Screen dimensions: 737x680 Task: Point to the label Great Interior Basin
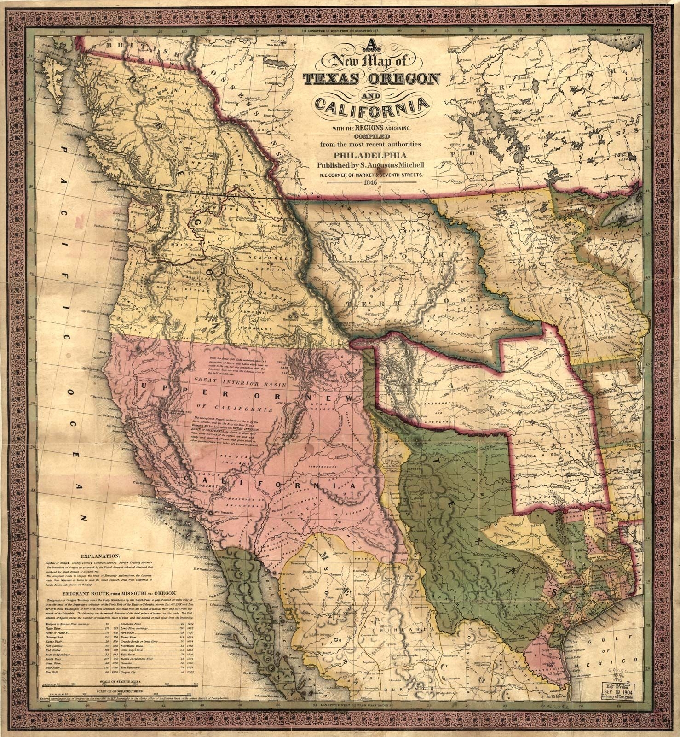[241, 384]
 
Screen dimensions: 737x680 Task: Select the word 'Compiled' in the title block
[371, 136]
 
